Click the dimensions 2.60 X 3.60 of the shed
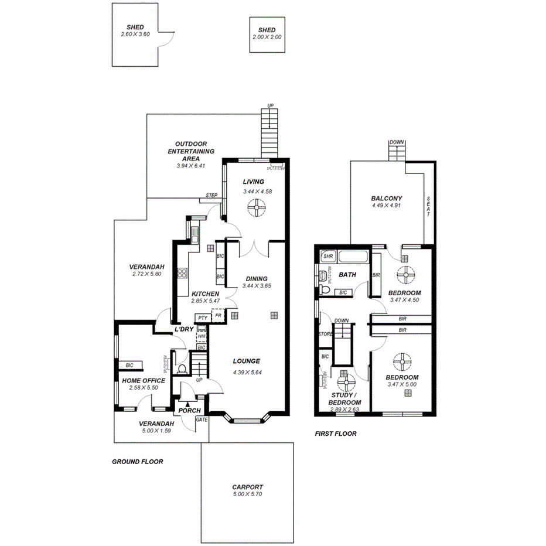pos(135,35)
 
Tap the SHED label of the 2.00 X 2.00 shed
pos(267,30)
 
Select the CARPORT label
pos(247,487)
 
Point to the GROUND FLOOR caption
pos(137,462)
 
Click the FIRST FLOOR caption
pos(336,434)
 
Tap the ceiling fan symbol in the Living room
pos(256,208)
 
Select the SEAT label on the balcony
pos(428,206)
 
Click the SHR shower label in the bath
pos(327,257)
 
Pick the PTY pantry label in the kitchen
pos(202,318)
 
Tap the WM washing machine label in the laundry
pos(202,336)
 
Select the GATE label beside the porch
pos(202,419)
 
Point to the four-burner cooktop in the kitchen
pos(183,273)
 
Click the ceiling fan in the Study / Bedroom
pos(347,384)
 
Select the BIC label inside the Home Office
pos(129,366)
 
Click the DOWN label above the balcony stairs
pos(397,142)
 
